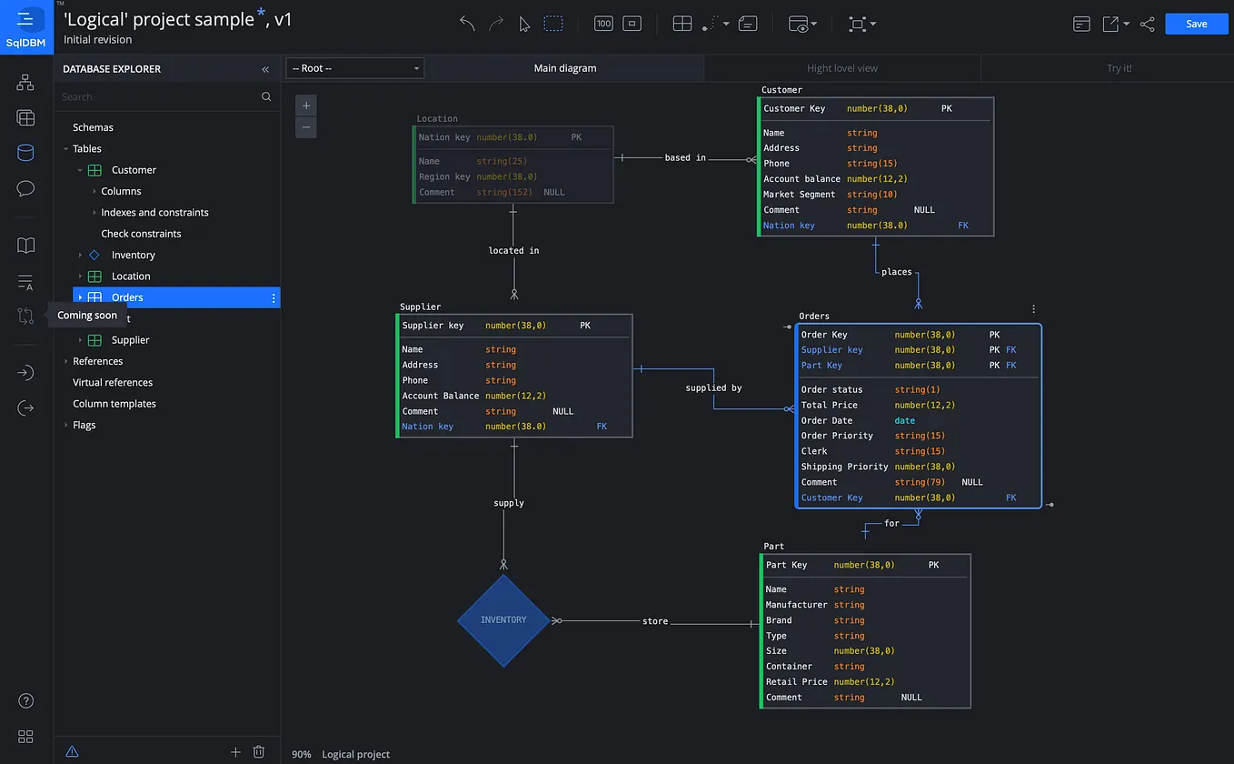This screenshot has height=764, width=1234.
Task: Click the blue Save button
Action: point(1196,24)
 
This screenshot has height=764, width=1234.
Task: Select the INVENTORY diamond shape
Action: point(503,620)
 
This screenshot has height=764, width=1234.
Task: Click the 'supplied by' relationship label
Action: point(713,388)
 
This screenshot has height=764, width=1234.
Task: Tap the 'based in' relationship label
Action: point(684,158)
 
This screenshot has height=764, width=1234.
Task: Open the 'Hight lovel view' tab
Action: point(841,68)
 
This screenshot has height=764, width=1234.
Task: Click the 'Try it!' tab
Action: point(1119,68)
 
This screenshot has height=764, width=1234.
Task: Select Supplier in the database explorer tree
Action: point(130,340)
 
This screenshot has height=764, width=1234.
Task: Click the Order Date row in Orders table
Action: point(827,420)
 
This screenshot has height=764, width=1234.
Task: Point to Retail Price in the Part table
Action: point(796,682)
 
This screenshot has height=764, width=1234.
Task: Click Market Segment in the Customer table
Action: point(799,195)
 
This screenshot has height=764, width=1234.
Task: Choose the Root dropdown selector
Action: point(354,68)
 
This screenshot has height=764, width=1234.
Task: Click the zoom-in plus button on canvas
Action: point(306,106)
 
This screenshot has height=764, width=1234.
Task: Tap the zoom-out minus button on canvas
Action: point(306,127)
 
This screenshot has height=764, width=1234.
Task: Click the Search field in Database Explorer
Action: point(159,96)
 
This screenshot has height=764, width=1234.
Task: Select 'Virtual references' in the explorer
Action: point(113,383)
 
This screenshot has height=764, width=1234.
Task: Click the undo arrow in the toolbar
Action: point(467,24)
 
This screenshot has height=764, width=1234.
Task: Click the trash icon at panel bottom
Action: point(259,752)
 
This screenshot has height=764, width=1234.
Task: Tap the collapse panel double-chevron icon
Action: point(265,69)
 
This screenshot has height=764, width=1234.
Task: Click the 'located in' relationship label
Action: point(513,251)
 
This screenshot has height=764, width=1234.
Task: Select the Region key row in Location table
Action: point(444,177)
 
